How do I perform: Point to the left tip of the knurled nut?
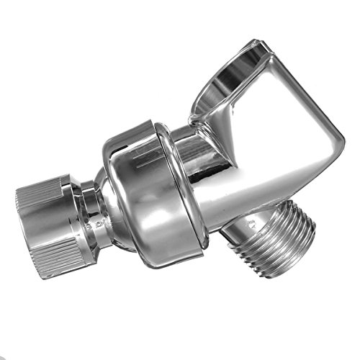click(18, 216)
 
